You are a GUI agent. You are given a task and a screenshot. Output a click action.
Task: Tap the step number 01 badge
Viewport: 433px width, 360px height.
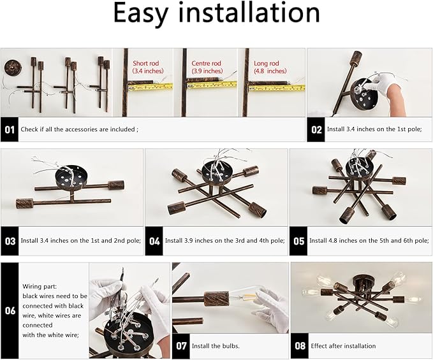[x=10, y=129]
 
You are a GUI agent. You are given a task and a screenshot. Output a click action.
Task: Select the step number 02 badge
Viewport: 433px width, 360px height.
[x=316, y=129]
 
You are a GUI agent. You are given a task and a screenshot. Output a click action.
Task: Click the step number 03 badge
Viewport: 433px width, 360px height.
[x=10, y=241]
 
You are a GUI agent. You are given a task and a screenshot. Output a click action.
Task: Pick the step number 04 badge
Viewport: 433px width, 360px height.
[x=154, y=241]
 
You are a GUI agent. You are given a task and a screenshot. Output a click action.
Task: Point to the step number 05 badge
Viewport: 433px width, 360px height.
[x=298, y=241]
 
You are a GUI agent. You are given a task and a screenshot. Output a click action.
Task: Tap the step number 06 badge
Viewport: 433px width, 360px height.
[x=10, y=310]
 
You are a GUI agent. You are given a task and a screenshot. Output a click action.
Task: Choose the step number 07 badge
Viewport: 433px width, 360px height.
[x=181, y=346]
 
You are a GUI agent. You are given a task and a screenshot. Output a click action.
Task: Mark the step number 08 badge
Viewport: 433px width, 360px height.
[x=299, y=346]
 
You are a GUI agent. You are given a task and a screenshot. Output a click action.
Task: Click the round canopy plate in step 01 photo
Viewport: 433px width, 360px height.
[x=12, y=66]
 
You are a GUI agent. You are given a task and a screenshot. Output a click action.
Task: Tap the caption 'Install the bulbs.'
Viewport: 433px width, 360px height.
[x=217, y=346]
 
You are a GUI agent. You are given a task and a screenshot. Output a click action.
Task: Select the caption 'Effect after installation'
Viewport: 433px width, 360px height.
[x=343, y=346]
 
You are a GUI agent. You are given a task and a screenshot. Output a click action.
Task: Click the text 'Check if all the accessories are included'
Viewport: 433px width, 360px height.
[x=78, y=129]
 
